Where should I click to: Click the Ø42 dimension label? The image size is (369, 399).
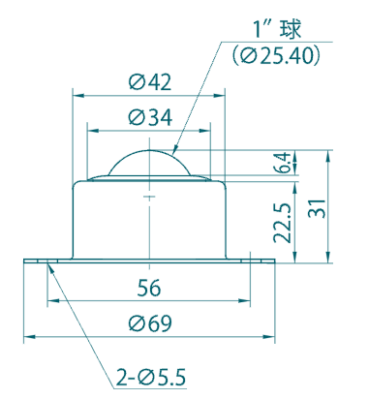pos(150,82)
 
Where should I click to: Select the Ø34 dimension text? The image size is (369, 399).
pos(150,117)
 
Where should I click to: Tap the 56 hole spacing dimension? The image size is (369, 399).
pos(149,288)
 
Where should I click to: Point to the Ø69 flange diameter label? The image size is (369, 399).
pos(150,323)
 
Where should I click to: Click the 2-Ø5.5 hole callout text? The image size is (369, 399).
pos(151,378)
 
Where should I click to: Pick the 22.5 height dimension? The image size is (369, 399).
pos(282,223)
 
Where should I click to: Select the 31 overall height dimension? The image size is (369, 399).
pos(317,209)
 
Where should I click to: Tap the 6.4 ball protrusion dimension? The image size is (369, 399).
pos(285,163)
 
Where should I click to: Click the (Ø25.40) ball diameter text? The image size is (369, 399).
pos(276,56)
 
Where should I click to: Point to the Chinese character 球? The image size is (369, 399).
pos(291,29)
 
